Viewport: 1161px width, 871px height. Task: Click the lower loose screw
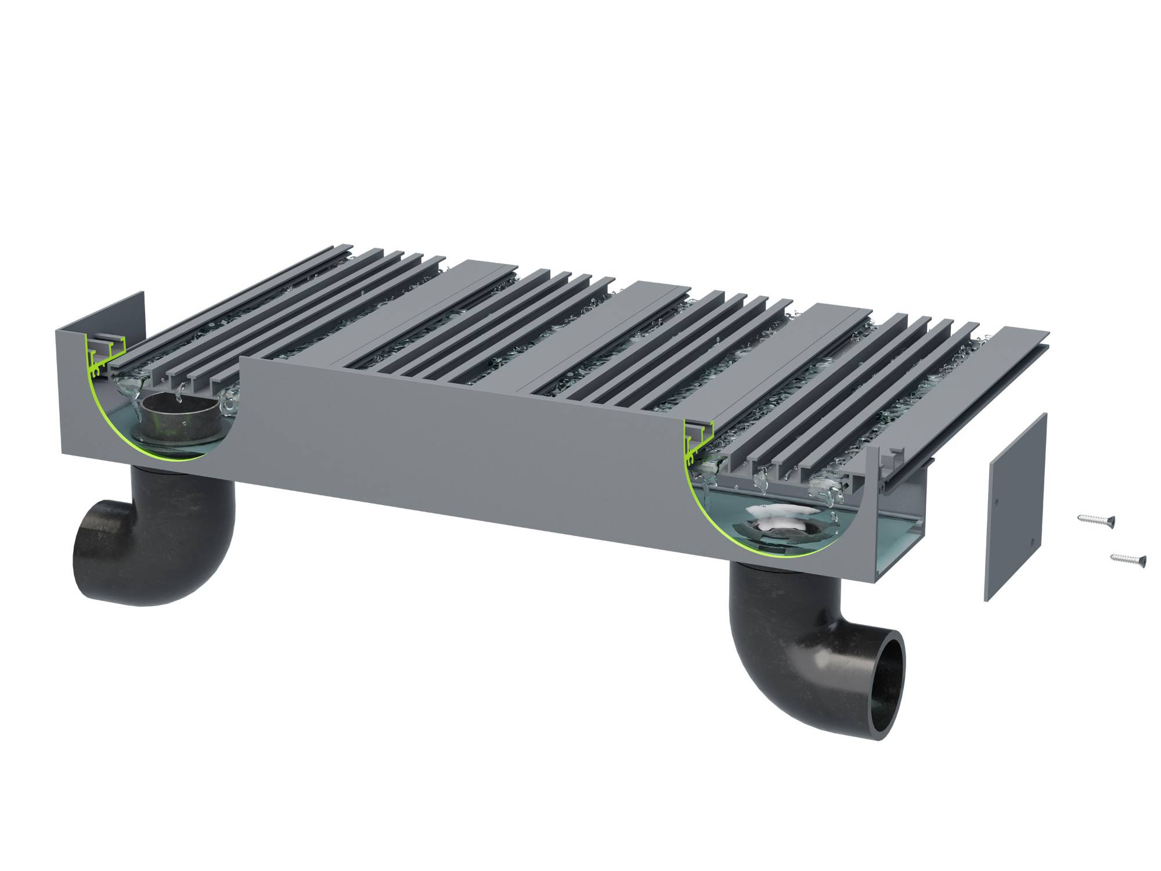[x=1128, y=559]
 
